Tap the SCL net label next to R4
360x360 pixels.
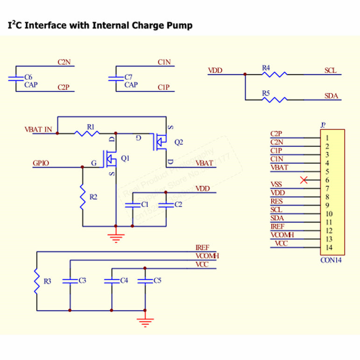click(x=330, y=71)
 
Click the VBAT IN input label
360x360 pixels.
click(x=38, y=129)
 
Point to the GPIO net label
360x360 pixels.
click(x=41, y=163)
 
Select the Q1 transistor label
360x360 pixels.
click(x=125, y=158)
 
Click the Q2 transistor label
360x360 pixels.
click(x=178, y=141)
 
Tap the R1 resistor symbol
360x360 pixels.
click(x=87, y=133)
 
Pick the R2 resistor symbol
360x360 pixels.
click(x=83, y=197)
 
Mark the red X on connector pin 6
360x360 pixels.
click(x=304, y=180)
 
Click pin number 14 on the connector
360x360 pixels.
click(x=329, y=247)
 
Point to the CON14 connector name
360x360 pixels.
click(x=331, y=260)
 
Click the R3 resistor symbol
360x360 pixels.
click(x=36, y=282)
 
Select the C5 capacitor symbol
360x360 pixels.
click(x=145, y=281)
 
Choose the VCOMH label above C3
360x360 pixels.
click(x=207, y=256)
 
